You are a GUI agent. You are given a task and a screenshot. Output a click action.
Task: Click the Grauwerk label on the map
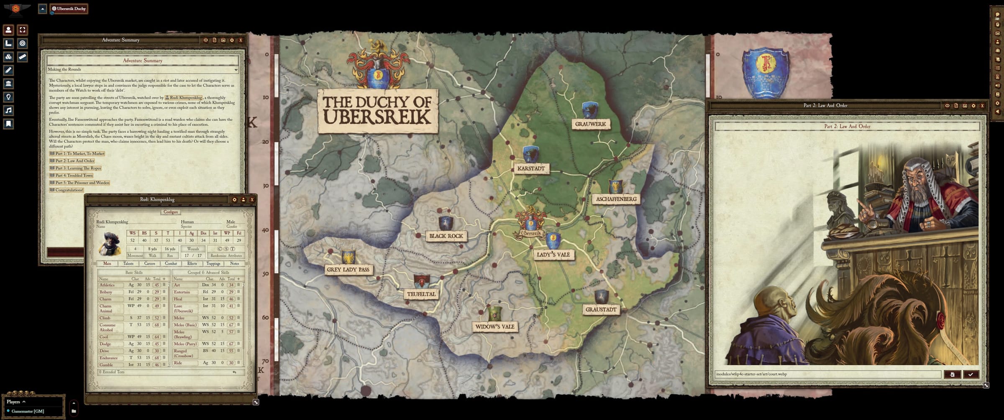590,124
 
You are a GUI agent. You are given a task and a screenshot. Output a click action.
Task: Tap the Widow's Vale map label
494,327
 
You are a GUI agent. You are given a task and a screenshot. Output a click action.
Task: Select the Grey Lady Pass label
348,270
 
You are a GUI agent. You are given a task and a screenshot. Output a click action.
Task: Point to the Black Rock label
446,236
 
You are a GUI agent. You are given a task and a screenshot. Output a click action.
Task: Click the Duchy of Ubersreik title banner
377,111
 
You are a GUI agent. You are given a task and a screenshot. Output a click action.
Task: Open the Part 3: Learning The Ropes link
78,168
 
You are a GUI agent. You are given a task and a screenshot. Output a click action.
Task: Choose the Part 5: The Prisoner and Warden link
82,183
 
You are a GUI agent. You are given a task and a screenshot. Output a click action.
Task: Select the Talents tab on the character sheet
128,264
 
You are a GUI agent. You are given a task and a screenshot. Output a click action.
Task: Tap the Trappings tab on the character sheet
213,264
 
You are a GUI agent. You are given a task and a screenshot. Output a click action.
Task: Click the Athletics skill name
107,285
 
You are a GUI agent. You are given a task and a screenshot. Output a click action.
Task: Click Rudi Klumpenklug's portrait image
110,244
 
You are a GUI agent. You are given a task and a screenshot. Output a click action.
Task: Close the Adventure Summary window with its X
241,40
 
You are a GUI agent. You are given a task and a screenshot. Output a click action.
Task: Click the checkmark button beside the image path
971,374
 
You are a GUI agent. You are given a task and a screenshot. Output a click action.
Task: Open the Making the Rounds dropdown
142,69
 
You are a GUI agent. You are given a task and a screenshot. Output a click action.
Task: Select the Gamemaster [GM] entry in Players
28,411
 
